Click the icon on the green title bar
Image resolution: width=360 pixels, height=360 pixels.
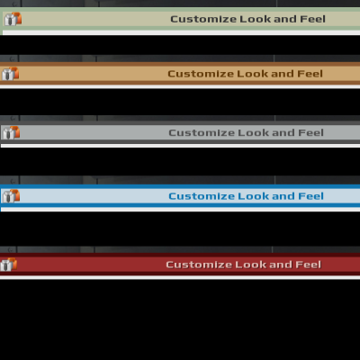coord(13,19)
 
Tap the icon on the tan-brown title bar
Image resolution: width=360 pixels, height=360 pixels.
coord(11,74)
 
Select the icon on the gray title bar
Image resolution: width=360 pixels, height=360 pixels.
coord(11,132)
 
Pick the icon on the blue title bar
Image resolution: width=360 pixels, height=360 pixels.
coord(11,196)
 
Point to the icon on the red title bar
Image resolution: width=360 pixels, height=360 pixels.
coord(9,265)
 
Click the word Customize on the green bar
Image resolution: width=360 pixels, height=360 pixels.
coord(203,19)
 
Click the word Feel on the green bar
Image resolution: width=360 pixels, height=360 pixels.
coord(312,19)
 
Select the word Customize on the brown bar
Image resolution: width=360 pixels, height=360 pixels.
coord(201,74)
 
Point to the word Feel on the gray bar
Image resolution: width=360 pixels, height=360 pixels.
coord(310,132)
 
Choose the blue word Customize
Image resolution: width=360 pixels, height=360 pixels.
coord(202,196)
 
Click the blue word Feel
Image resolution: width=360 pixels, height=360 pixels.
coord(310,196)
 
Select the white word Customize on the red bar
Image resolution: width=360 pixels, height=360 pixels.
coord(199,265)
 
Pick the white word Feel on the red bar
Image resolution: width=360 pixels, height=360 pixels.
coord(309,265)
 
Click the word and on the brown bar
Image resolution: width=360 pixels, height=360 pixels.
coord(283,74)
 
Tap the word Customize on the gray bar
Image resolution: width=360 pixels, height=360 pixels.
coord(202,132)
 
